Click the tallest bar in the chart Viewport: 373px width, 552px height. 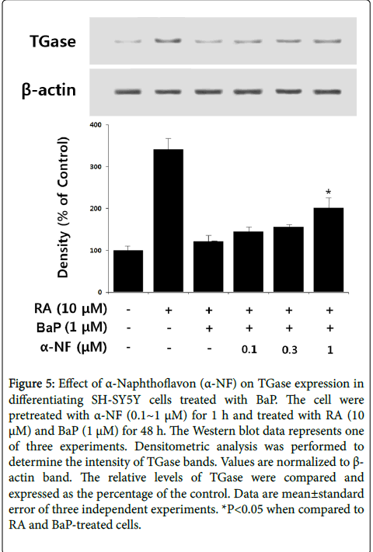point(168,220)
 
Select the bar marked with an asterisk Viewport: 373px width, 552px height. point(328,250)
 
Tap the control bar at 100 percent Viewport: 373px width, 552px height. point(128,271)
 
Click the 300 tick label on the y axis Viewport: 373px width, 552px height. point(96,166)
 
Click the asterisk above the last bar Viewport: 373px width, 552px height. point(328,193)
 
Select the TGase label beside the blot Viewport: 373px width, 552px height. point(53,41)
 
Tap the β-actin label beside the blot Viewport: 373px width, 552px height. point(49,89)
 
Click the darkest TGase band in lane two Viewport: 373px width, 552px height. point(168,41)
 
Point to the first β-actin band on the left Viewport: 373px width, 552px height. point(128,92)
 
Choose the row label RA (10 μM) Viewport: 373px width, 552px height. point(71,309)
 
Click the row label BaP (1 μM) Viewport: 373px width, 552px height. point(71,328)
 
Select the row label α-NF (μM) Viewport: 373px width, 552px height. point(73,347)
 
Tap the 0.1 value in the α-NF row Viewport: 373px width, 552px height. point(249,349)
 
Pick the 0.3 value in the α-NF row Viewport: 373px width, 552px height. point(289,349)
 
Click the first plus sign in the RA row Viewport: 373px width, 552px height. point(169,310)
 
